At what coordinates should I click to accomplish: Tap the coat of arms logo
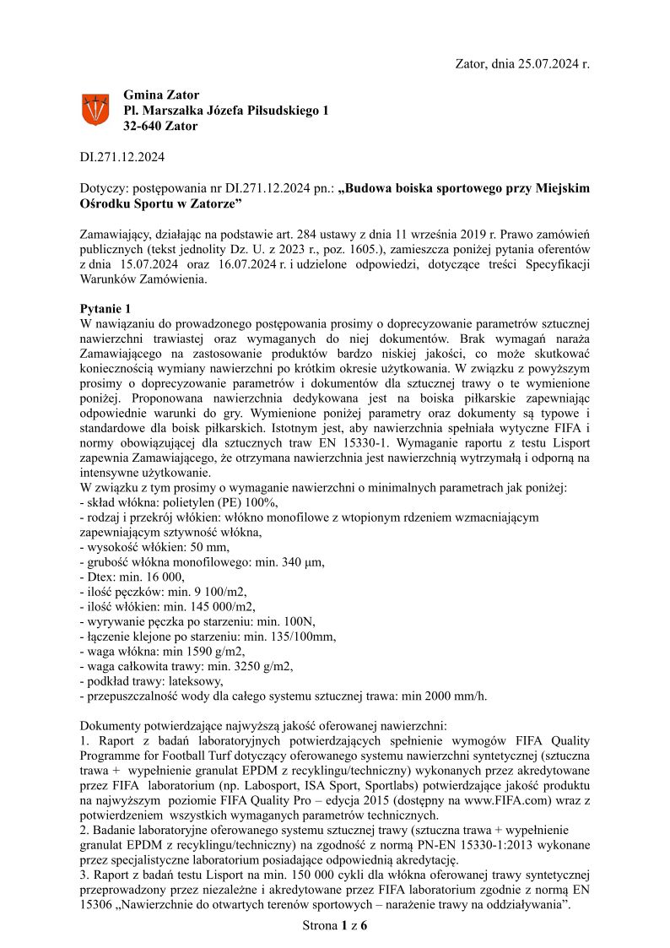[x=95, y=111]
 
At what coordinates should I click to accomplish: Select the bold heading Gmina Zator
[x=161, y=95]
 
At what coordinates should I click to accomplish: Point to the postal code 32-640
[x=143, y=127]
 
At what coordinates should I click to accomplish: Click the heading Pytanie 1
[x=105, y=308]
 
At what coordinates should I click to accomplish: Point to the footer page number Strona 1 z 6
[x=335, y=927]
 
